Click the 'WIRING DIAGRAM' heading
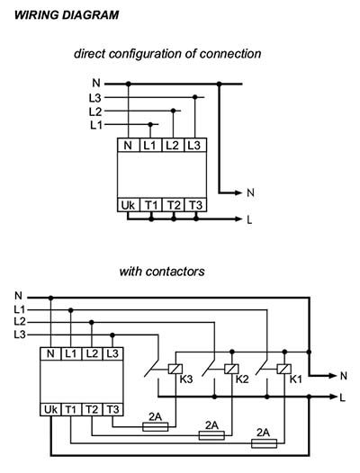click(x=67, y=15)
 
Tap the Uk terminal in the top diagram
click(x=128, y=205)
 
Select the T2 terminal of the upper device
click(x=174, y=205)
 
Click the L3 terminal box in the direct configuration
click(x=195, y=145)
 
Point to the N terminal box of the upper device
click(x=128, y=145)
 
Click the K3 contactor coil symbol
click(x=175, y=369)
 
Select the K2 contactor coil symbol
click(x=231, y=369)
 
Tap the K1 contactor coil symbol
click(x=284, y=369)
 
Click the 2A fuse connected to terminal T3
click(x=155, y=427)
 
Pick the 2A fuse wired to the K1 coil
click(x=265, y=443)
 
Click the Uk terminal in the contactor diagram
click(x=50, y=410)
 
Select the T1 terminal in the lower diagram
click(x=71, y=410)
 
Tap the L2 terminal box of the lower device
click(x=92, y=353)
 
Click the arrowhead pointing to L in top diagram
click(x=238, y=219)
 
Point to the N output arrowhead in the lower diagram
click(x=332, y=376)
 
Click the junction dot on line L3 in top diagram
click(x=195, y=97)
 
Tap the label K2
click(x=242, y=379)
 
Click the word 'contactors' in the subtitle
click(x=176, y=272)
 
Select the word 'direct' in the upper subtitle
click(x=90, y=54)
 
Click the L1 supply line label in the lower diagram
click(x=20, y=309)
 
